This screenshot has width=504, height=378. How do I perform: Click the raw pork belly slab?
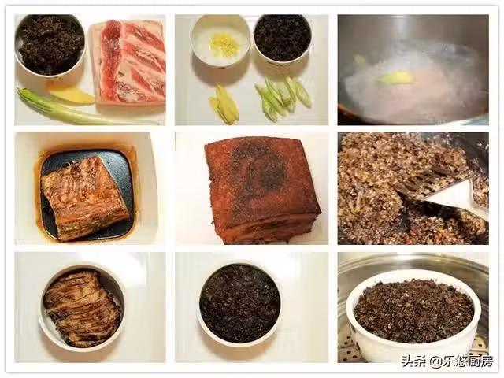coord(128,63)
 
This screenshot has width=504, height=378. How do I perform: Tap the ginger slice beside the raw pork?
coord(72,94)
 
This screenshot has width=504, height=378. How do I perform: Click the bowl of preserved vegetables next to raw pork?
coord(50,45)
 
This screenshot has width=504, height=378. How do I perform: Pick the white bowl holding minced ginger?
coord(220,40)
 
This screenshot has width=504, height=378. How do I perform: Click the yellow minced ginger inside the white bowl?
coord(221,43)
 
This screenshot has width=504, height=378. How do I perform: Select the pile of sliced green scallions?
coord(283,96)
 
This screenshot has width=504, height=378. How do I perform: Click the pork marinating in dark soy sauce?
coord(85,199)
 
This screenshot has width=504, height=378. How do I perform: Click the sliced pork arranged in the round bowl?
coord(82,308)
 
